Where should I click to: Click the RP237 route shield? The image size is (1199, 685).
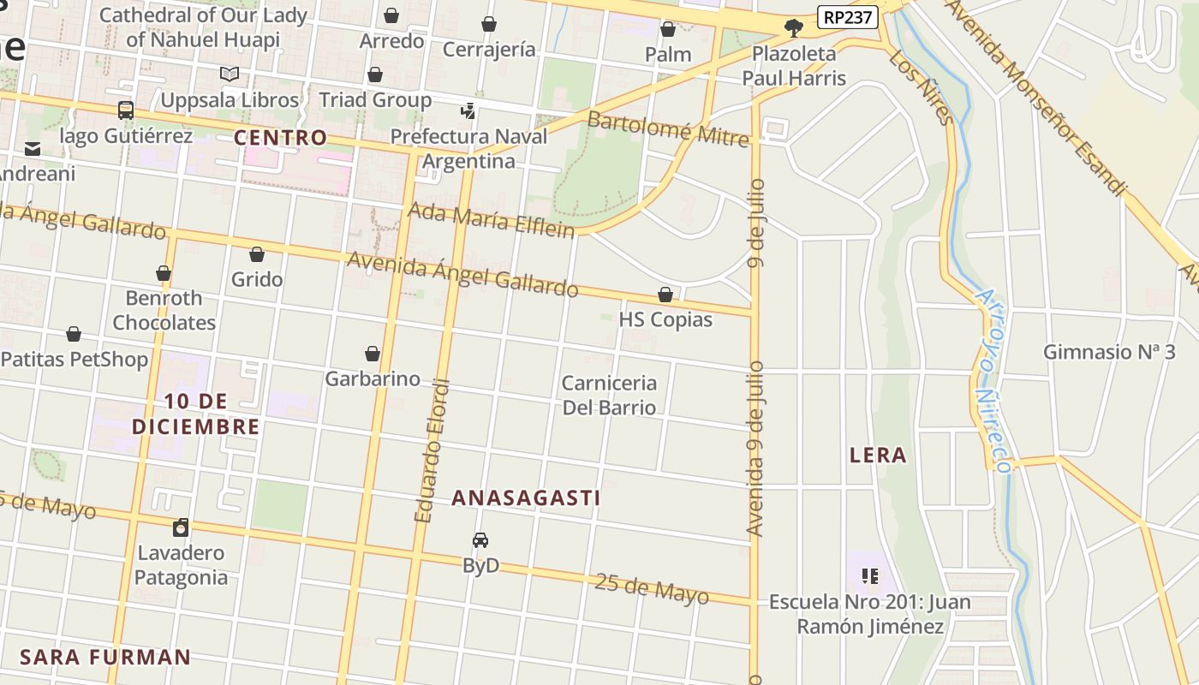point(848,17)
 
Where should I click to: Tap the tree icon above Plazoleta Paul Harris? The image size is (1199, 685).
point(794,28)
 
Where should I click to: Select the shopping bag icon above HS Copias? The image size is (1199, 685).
point(665,295)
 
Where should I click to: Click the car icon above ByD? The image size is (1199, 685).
point(480,540)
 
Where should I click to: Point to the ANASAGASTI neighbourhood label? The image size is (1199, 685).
point(526,497)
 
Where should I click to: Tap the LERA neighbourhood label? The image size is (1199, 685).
point(878,455)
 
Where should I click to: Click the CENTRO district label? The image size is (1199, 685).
point(281,137)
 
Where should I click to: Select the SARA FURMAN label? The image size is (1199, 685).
point(105,658)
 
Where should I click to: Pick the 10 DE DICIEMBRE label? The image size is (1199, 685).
point(196,414)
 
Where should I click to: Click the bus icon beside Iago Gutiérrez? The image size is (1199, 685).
point(126,110)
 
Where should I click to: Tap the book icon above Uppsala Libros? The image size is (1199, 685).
point(229,74)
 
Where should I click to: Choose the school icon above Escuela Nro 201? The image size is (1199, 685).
point(870,576)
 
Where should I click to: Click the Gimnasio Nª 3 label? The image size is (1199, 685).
point(1109,351)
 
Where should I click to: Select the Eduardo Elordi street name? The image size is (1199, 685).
point(432,450)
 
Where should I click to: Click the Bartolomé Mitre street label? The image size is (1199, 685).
point(668,128)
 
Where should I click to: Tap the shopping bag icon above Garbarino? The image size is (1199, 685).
point(373,354)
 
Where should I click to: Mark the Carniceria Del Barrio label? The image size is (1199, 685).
point(609,395)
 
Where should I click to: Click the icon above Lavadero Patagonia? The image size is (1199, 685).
point(181,527)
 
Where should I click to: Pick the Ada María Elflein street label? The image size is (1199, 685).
point(491,218)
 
